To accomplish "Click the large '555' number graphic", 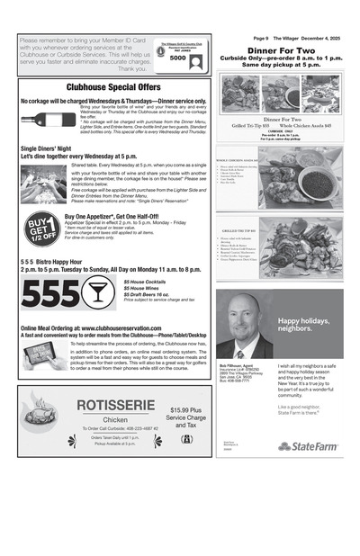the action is pos(49,292).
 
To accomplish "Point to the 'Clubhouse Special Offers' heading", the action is pos(113,87).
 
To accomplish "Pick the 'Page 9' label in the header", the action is pos(261,39).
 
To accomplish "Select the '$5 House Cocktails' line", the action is pos(146,281).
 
